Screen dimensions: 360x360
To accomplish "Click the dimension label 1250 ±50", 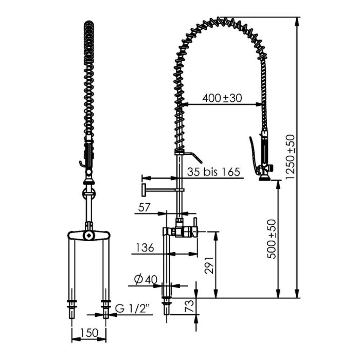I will pyautogui.click(x=291, y=155).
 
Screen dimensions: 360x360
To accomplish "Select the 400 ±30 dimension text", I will pyautogui.click(x=222, y=97).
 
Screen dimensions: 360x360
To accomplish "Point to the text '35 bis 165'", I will pyautogui.click(x=213, y=172).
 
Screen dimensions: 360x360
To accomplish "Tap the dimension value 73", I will pyautogui.click(x=189, y=307).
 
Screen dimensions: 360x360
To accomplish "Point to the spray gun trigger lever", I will pyautogui.click(x=253, y=152).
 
